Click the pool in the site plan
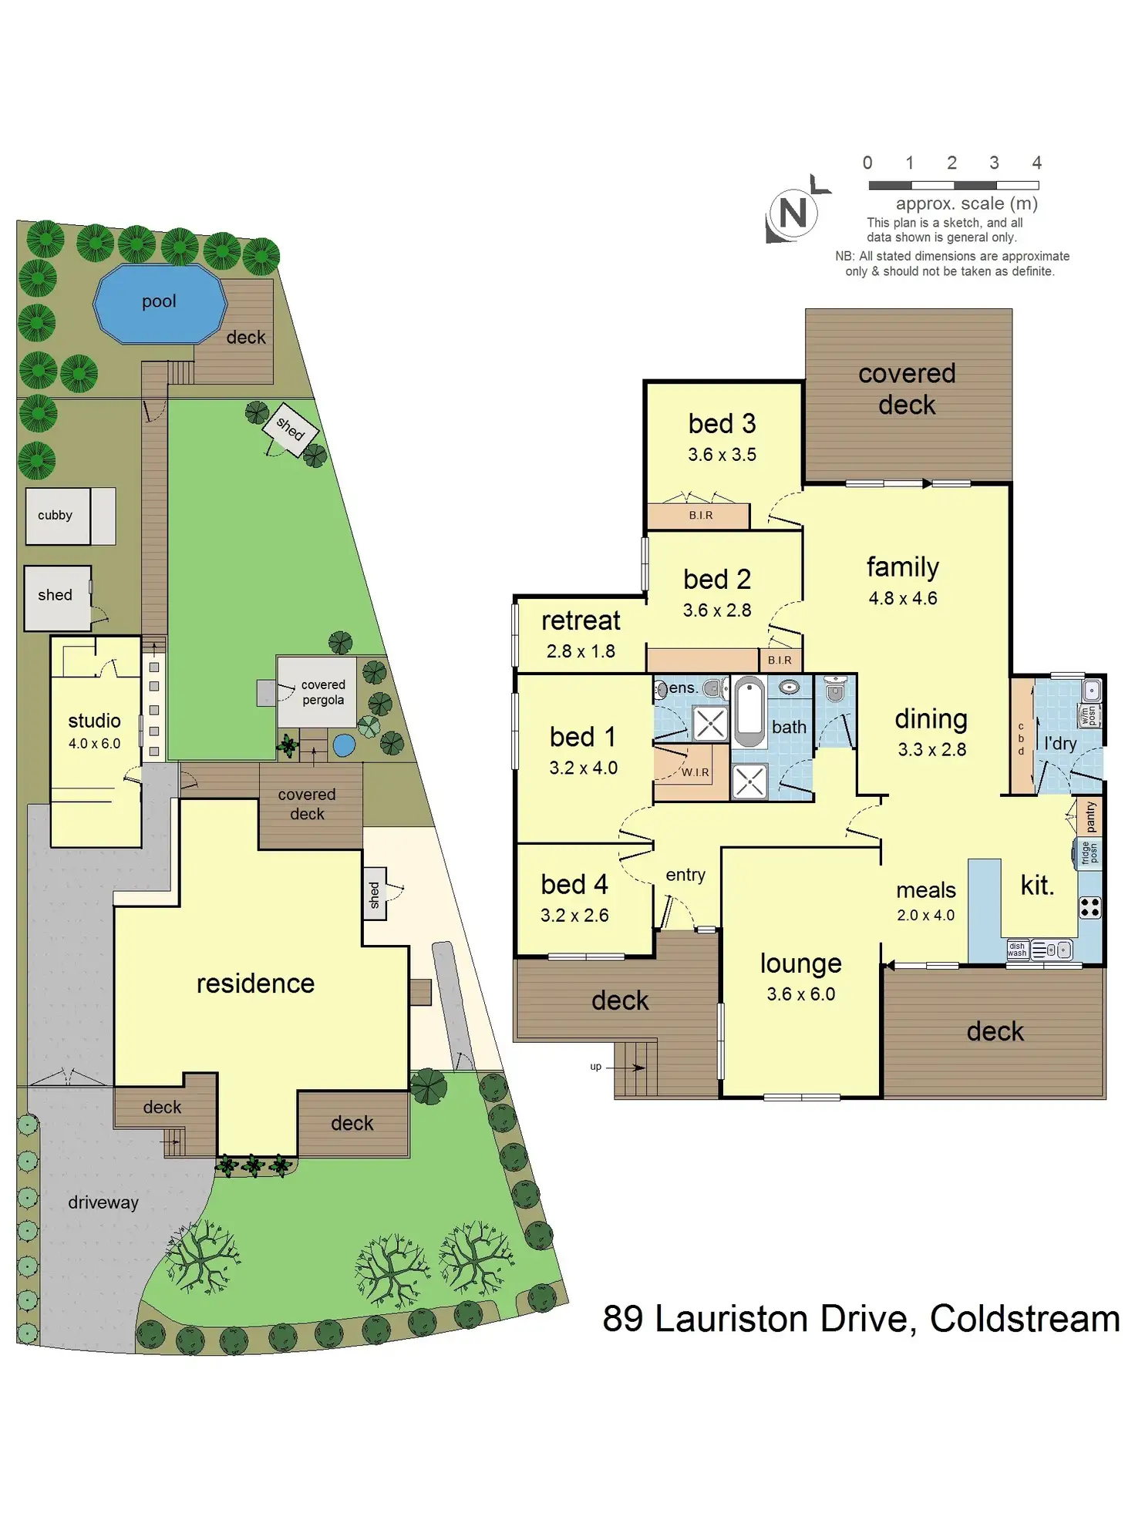coord(160,303)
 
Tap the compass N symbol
coord(793,213)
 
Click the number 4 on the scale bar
coord(1036,163)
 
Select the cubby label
coord(55,515)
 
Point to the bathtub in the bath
coord(748,711)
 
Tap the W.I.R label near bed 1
coord(695,772)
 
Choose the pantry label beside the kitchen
coord(1090,817)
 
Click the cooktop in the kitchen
coord(1090,908)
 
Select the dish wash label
coord(1017,950)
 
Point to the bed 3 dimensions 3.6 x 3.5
coord(722,455)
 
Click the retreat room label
coord(581,620)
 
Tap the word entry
coord(685,875)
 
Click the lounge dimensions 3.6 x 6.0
coord(800,994)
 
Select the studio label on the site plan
coord(94,721)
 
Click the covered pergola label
coord(323,692)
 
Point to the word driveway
coord(103,1202)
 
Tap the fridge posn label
coord(1088,852)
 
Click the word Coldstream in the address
coord(1024,1319)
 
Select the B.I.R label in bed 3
coord(701,515)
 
